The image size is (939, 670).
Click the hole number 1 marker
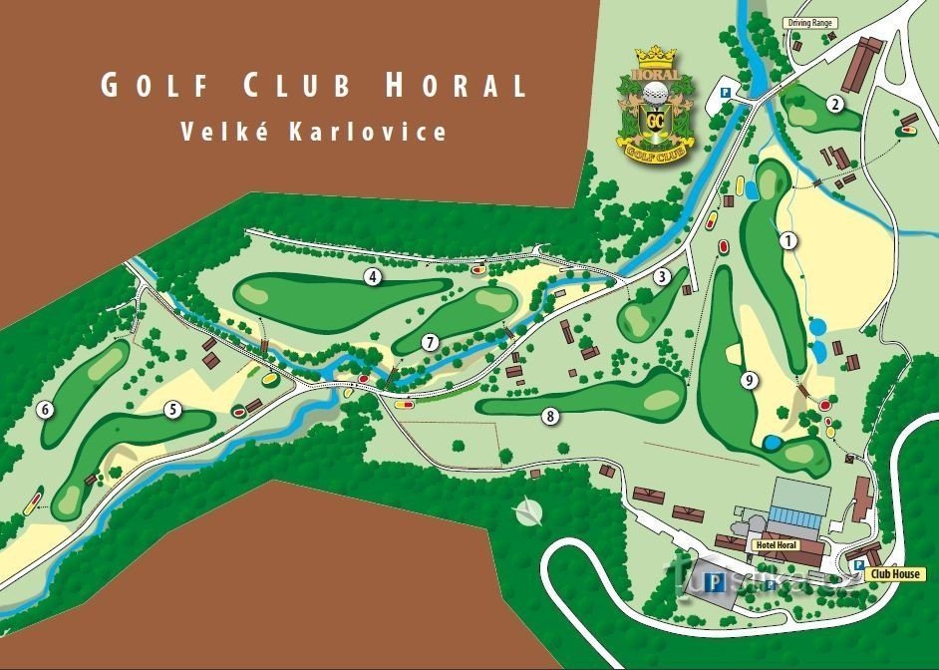pyautogui.click(x=788, y=240)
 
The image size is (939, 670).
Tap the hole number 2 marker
pyautogui.click(x=834, y=103)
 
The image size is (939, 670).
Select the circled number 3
pyautogui.click(x=661, y=276)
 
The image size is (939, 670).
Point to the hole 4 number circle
pyautogui.click(x=373, y=276)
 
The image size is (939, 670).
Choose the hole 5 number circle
pyautogui.click(x=172, y=409)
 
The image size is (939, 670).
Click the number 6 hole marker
pyautogui.click(x=45, y=409)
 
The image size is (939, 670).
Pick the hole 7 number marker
pyautogui.click(x=430, y=342)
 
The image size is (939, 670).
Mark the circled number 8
pyautogui.click(x=549, y=416)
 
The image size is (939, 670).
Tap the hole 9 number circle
pyautogui.click(x=748, y=380)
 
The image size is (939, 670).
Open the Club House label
pyautogui.click(x=894, y=575)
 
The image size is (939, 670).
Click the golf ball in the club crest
pyautogui.click(x=654, y=93)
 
